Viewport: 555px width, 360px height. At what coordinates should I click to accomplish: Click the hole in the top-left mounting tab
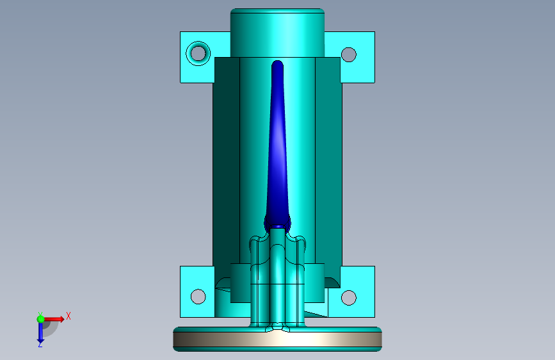point(198,54)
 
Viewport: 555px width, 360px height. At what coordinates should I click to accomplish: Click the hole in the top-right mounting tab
point(349,54)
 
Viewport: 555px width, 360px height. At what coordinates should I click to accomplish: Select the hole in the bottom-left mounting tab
point(198,297)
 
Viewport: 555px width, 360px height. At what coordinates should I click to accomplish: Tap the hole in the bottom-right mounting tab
point(349,298)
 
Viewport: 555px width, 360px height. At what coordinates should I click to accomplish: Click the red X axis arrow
point(53,319)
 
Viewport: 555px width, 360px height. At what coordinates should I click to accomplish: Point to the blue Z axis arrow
point(41,332)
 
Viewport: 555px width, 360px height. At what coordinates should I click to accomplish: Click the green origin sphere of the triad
point(41,319)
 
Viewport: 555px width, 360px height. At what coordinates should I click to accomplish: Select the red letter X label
point(68,316)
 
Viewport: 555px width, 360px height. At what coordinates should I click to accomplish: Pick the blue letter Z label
point(40,344)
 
